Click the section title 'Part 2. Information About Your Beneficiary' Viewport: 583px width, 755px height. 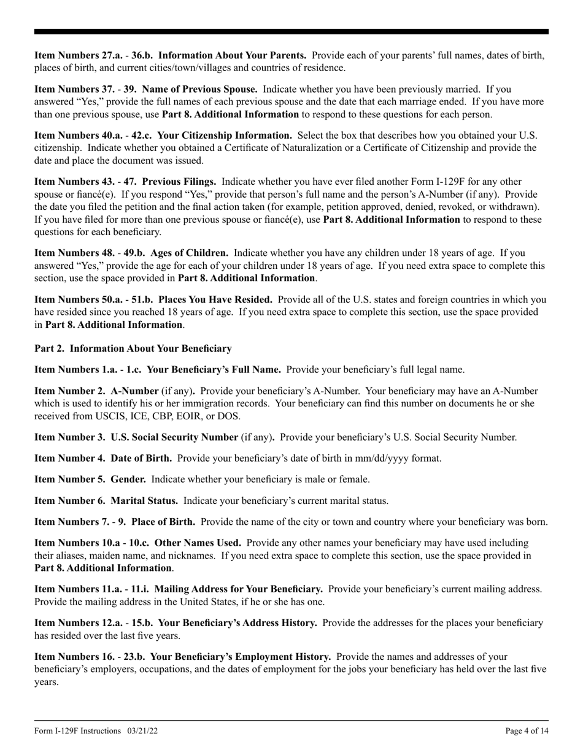tap(133, 349)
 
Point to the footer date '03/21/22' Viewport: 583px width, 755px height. tap(147, 731)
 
